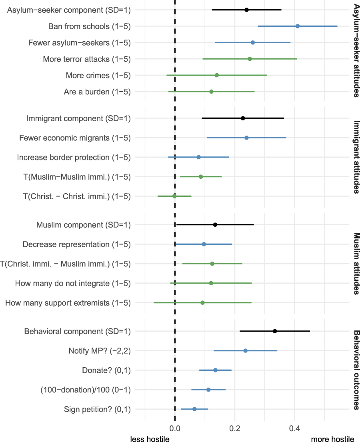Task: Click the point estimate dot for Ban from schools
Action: (x=298, y=26)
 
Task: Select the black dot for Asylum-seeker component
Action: (x=246, y=10)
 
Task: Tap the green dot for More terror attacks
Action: (x=250, y=59)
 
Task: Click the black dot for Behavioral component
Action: (x=275, y=331)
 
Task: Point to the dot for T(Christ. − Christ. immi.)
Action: (x=174, y=196)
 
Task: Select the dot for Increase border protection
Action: (x=198, y=157)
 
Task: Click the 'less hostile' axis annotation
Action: (x=150, y=438)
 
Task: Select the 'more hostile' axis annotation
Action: (x=332, y=438)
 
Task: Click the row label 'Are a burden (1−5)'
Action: (x=97, y=92)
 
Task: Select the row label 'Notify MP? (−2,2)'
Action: (x=100, y=351)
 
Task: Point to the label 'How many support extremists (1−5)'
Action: (x=68, y=303)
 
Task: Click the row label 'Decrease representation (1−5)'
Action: (x=77, y=244)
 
